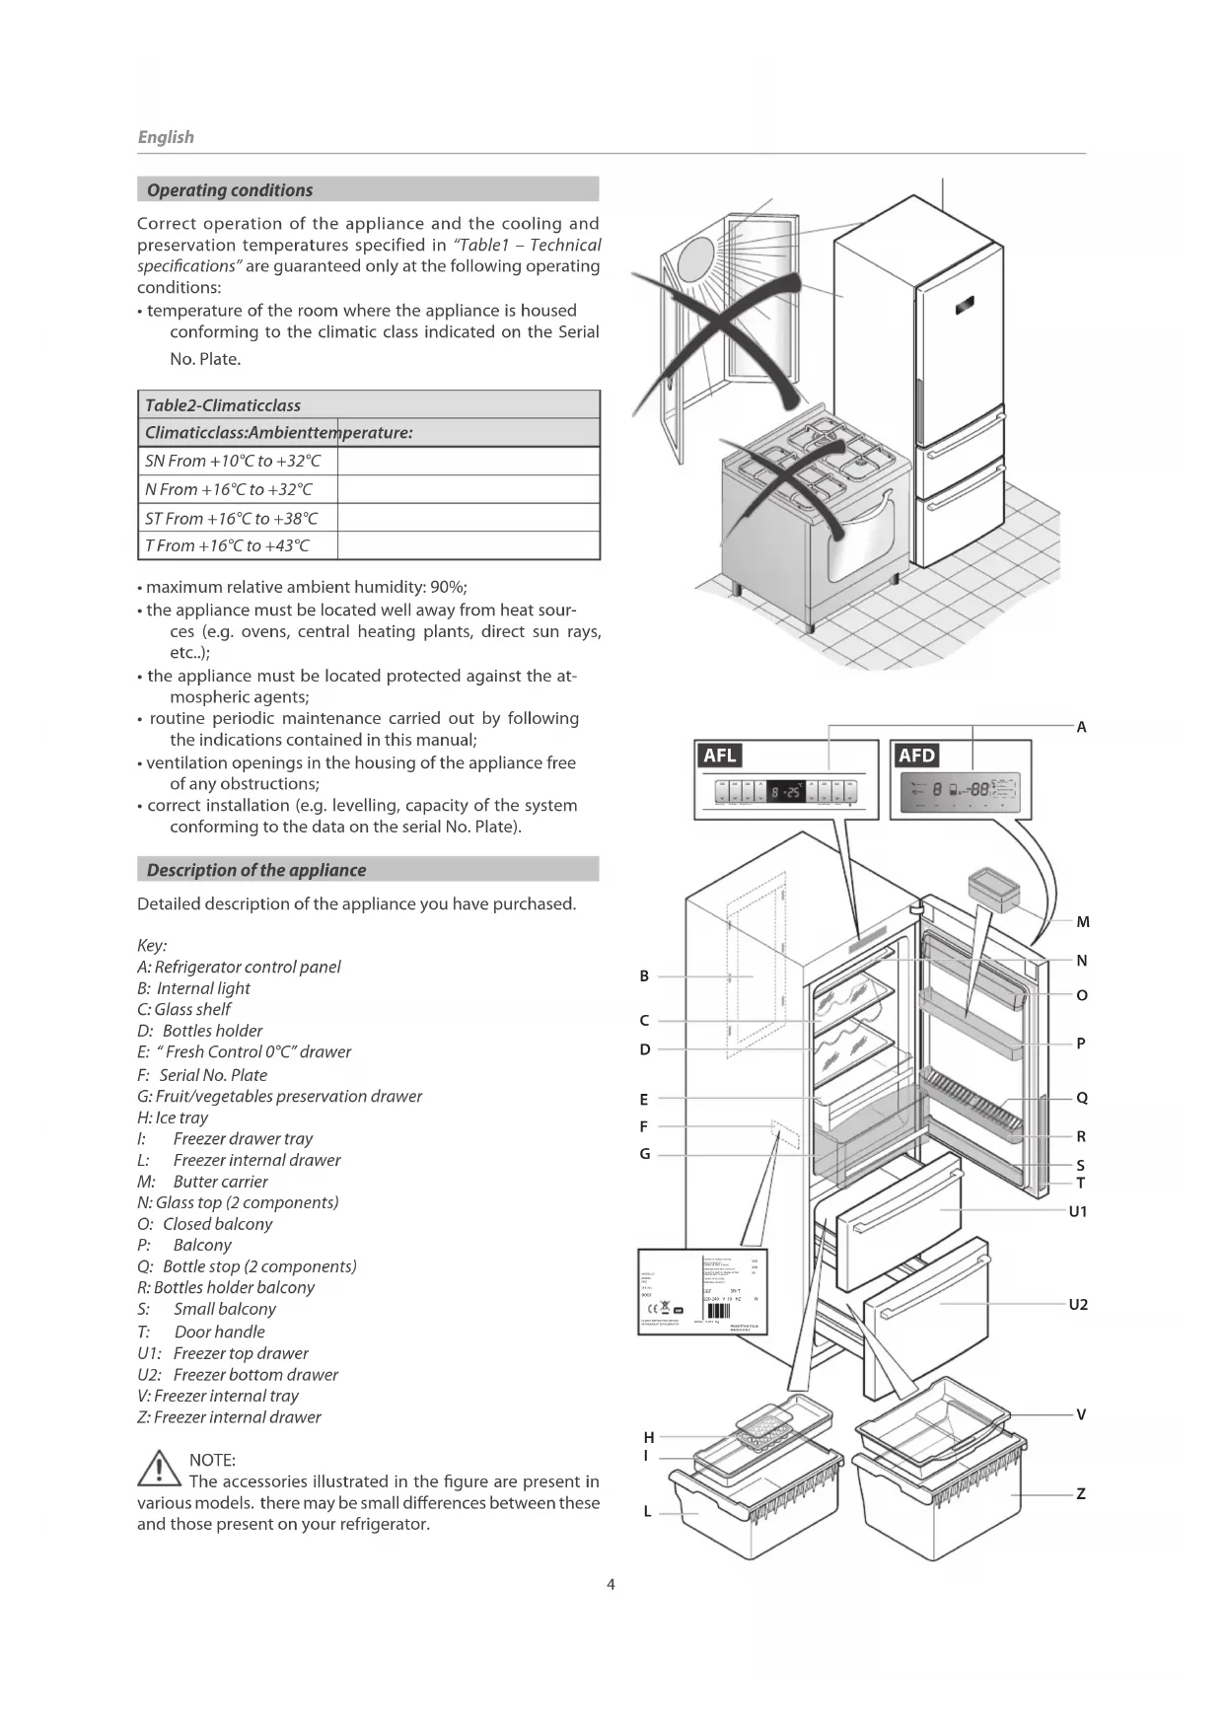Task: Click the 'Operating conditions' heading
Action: click(x=229, y=189)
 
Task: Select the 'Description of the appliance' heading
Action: click(x=255, y=869)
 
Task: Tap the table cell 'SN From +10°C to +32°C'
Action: click(x=233, y=461)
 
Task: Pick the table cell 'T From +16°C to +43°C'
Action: click(x=227, y=545)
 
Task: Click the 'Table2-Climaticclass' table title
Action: click(x=223, y=404)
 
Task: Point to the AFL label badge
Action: click(x=720, y=755)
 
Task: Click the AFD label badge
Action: click(x=916, y=755)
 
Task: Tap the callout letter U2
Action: click(x=1078, y=1304)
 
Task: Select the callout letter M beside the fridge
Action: click(x=1082, y=922)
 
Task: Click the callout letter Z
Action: click(x=1081, y=1493)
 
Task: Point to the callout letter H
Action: click(x=649, y=1437)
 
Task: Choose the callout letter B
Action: click(x=644, y=975)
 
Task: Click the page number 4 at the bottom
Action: click(x=611, y=1584)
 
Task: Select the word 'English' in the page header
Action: click(x=166, y=137)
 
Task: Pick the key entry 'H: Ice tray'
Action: click(x=173, y=1117)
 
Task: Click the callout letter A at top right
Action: click(x=1081, y=727)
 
